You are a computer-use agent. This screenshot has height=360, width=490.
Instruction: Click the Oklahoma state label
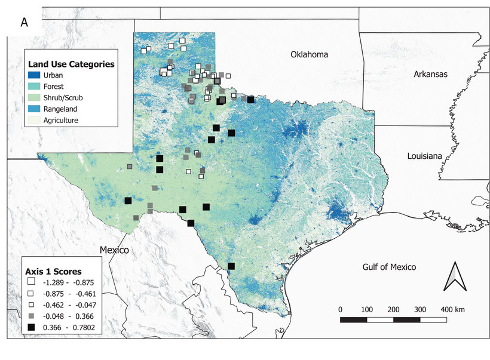(310, 55)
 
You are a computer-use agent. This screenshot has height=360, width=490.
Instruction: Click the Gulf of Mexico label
(389, 267)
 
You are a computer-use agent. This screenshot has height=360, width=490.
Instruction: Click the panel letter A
(24, 23)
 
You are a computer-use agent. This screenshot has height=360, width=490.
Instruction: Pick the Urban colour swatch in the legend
(36, 76)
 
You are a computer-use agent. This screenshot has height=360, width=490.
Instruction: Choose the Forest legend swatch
(36, 87)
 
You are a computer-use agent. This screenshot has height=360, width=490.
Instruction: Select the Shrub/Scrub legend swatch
(36, 98)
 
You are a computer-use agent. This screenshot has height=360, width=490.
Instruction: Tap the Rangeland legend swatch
(36, 109)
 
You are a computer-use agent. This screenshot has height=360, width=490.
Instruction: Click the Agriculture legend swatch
(36, 120)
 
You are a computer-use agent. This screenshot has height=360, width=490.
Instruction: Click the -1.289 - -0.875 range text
(69, 282)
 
